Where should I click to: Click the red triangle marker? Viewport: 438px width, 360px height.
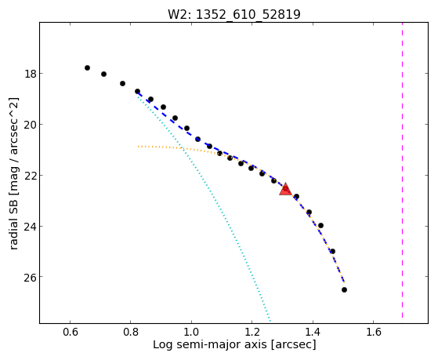285,189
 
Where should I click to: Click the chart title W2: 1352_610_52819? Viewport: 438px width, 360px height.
234,15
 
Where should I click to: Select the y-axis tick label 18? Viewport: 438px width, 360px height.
30,74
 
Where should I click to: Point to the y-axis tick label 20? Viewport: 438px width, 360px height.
30,125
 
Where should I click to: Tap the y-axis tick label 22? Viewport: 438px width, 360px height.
30,176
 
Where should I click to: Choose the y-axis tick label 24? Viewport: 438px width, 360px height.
30,227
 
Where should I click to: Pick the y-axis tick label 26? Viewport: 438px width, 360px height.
30,277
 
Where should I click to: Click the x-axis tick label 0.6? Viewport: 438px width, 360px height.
70,332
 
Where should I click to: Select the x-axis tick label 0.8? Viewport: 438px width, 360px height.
131,332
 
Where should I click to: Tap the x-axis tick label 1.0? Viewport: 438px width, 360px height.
191,332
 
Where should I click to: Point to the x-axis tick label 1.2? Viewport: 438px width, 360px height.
252,332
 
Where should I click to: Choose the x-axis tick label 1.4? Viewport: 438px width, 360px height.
313,332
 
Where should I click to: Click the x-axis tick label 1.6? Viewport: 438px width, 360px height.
374,332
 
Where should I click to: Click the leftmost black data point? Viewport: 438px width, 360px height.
87,67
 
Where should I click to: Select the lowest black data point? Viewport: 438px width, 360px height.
344,289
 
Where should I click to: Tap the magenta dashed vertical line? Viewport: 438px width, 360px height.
402,170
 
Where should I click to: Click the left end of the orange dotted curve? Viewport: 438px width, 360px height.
138,147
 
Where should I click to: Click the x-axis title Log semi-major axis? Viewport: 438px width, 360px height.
209,344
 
